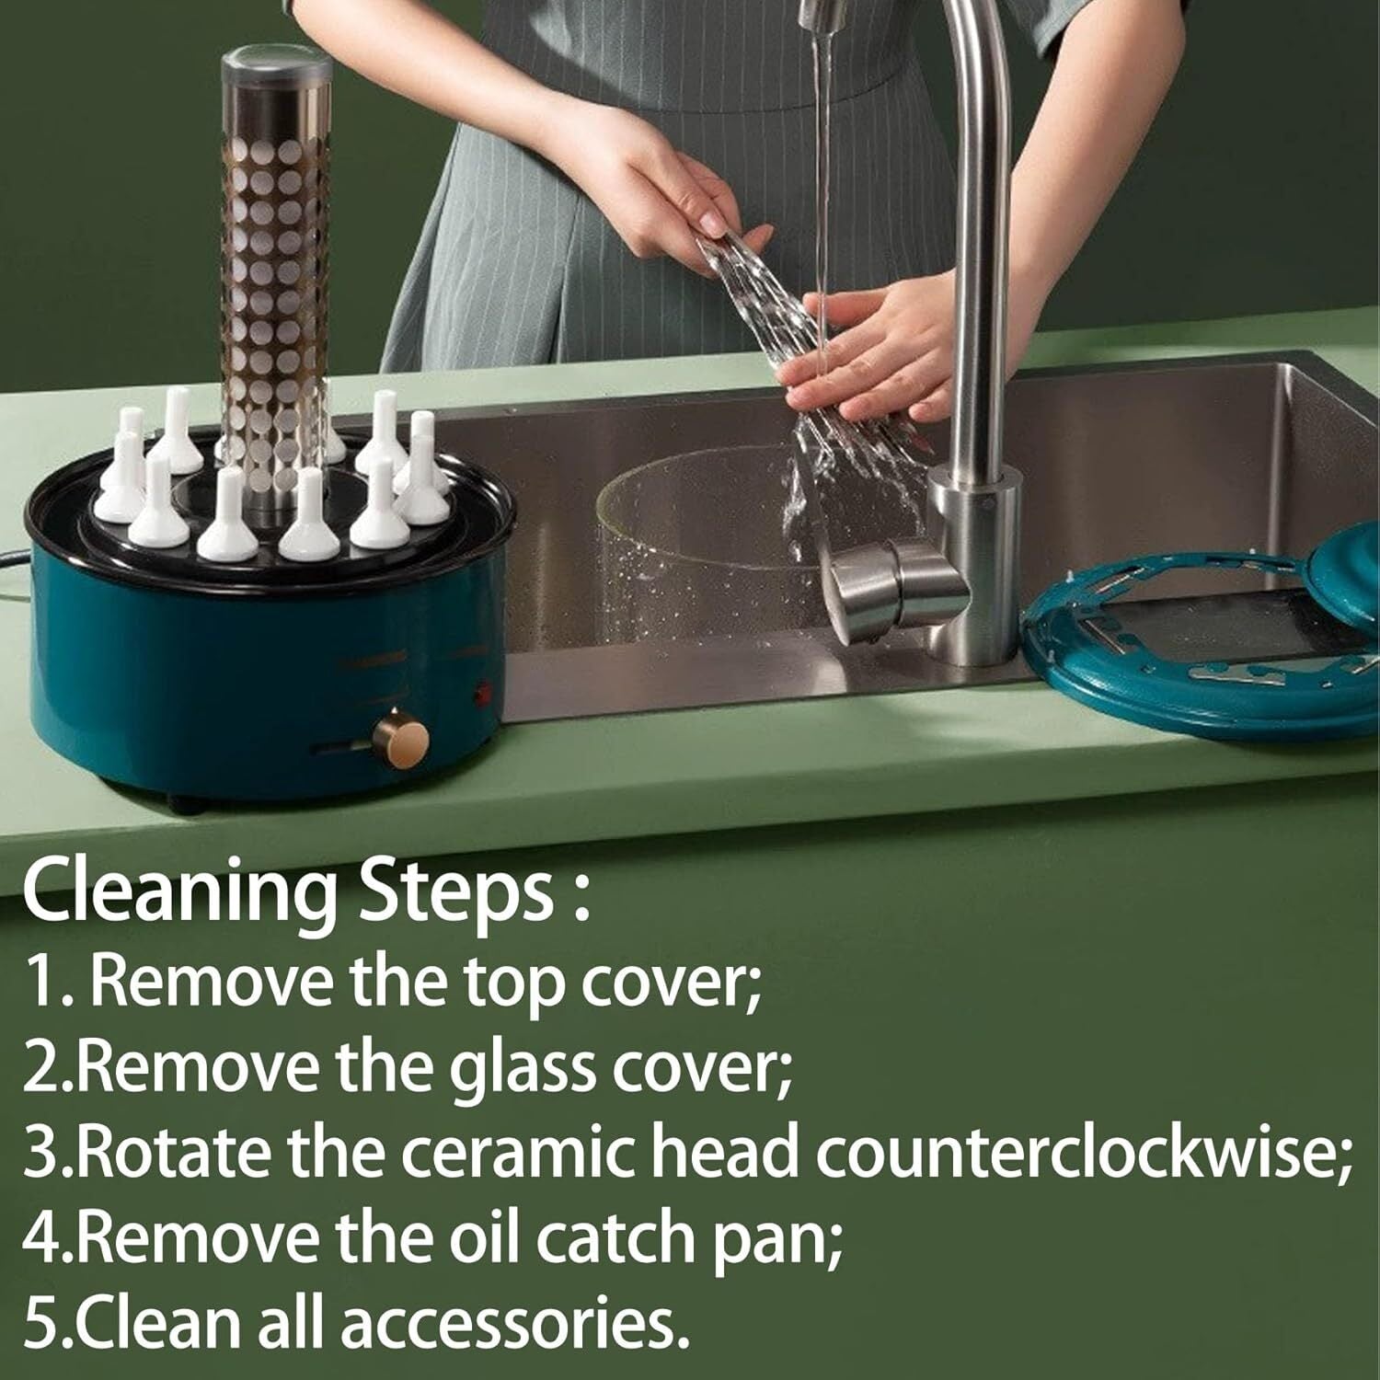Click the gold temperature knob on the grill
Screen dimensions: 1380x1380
401,738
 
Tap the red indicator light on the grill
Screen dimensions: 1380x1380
478,684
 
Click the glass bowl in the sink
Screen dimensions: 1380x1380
708,534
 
